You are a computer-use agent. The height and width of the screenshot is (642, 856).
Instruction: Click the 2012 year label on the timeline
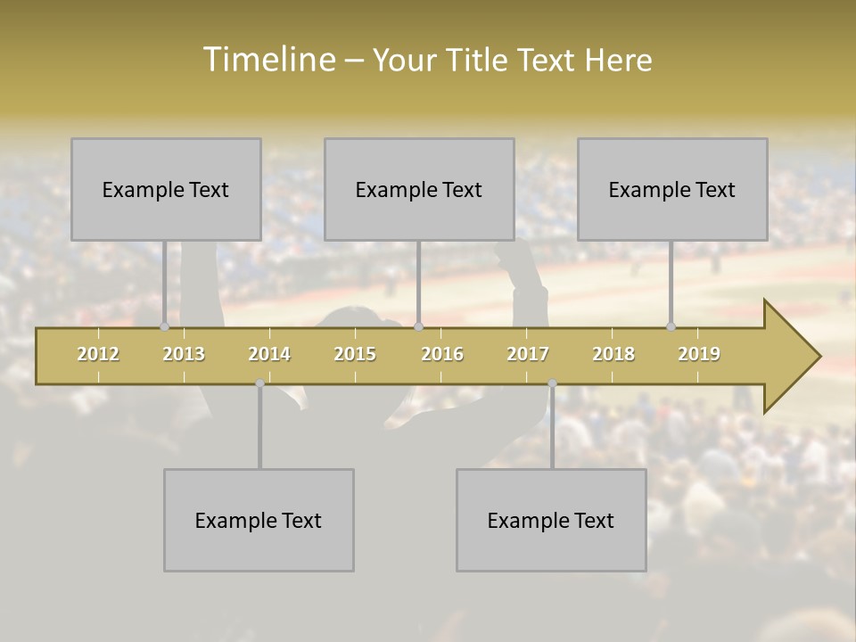pyautogui.click(x=98, y=354)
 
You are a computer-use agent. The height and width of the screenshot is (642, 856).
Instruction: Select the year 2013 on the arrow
pyautogui.click(x=184, y=354)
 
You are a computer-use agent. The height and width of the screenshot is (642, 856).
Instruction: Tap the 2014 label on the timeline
pyautogui.click(x=269, y=354)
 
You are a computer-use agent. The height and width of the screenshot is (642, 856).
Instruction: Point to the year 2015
pyautogui.click(x=355, y=354)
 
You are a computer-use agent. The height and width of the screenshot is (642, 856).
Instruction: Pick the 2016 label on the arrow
pyautogui.click(x=442, y=354)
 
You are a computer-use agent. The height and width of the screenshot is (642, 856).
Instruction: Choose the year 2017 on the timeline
pyautogui.click(x=528, y=354)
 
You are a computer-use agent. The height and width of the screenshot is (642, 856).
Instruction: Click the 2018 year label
pyautogui.click(x=613, y=354)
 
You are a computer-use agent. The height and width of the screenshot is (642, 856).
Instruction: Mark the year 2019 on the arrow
pyautogui.click(x=699, y=354)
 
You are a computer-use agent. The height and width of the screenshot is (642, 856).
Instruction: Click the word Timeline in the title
pyautogui.click(x=267, y=60)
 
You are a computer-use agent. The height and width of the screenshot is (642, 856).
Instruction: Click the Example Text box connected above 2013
pyautogui.click(x=166, y=189)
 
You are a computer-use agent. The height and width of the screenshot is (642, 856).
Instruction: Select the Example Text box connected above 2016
pyautogui.click(x=419, y=189)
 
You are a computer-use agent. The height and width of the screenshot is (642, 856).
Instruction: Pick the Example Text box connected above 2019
pyautogui.click(x=672, y=189)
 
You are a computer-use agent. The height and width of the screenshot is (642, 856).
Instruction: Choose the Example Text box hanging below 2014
pyautogui.click(x=259, y=520)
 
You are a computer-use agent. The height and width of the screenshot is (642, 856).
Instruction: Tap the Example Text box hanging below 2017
pyautogui.click(x=551, y=520)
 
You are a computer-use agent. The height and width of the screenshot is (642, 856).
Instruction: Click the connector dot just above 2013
pyautogui.click(x=165, y=326)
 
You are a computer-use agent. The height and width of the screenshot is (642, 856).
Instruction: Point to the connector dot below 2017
pyautogui.click(x=552, y=383)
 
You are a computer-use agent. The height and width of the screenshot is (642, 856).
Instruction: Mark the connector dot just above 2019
pyautogui.click(x=671, y=326)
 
